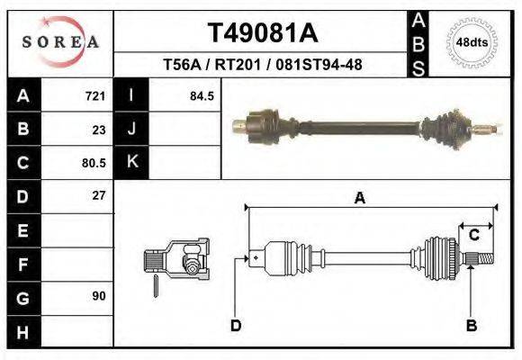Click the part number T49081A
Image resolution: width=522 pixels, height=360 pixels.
pyautogui.click(x=263, y=33)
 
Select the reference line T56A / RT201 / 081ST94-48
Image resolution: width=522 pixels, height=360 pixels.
pyautogui.click(x=262, y=66)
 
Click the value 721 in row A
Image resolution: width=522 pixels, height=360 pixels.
pyautogui.click(x=94, y=95)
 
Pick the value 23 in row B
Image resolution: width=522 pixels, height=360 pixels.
pyautogui.click(x=98, y=129)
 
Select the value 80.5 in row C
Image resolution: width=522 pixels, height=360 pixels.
pyautogui.click(x=93, y=163)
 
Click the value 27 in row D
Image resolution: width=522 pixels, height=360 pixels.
pyautogui.click(x=98, y=195)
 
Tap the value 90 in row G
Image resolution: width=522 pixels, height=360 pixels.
pyautogui.click(x=98, y=296)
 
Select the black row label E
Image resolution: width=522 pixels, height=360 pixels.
pyautogui.click(x=22, y=230)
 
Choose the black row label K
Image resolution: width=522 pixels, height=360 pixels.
pyautogui.click(x=131, y=163)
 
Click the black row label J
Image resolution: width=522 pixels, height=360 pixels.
pyautogui.click(x=131, y=129)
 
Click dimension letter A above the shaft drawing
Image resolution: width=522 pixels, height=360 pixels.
pyautogui.click(x=359, y=199)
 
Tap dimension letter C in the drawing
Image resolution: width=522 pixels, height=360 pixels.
pyautogui.click(x=473, y=235)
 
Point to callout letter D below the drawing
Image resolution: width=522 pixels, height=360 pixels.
pyautogui.click(x=236, y=325)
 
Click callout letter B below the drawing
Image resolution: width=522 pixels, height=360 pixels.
pyautogui.click(x=471, y=325)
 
